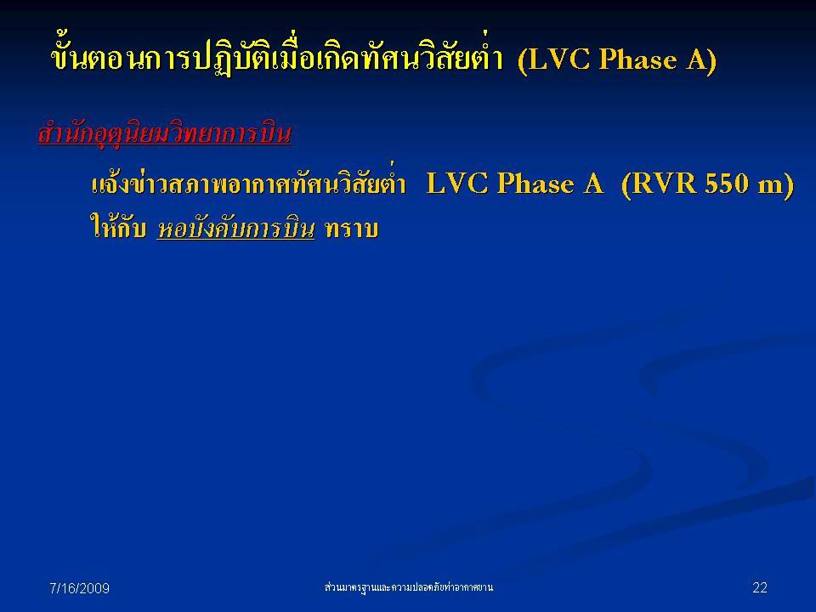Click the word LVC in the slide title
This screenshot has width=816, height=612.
(558, 59)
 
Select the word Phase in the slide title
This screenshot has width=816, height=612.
(638, 59)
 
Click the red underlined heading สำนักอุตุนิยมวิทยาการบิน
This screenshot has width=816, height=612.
(164, 133)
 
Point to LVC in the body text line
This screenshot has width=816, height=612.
(457, 184)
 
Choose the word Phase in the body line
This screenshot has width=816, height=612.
(535, 184)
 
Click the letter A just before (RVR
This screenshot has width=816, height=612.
(592, 184)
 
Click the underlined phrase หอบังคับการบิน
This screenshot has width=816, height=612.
(235, 228)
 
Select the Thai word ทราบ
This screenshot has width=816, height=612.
(351, 229)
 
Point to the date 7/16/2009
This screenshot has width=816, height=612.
(79, 588)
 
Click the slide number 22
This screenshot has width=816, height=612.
(760, 587)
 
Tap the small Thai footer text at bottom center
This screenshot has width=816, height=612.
(409, 587)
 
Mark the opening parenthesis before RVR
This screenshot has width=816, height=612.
(626, 185)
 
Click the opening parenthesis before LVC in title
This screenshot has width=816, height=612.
(523, 61)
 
